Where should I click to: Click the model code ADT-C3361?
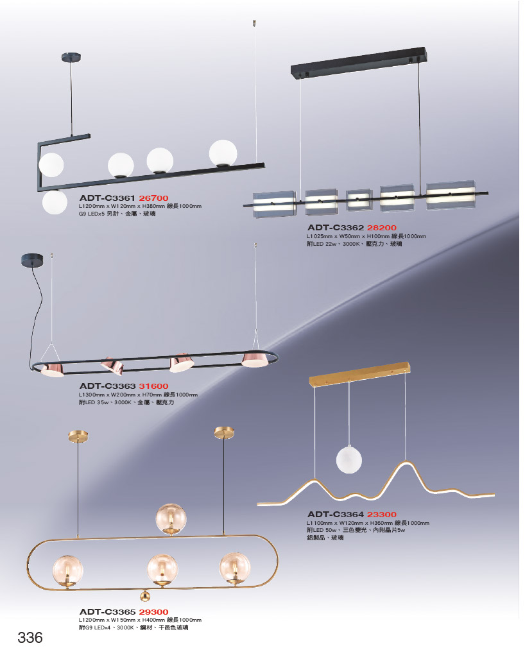click(x=107, y=198)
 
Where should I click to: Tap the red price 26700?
click(x=154, y=198)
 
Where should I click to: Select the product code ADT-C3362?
click(x=335, y=228)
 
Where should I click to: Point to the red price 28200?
click(x=382, y=228)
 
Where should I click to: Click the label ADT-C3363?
click(x=107, y=386)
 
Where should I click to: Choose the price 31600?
click(x=154, y=386)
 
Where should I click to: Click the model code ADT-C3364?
click(x=335, y=515)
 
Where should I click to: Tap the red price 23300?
click(x=382, y=515)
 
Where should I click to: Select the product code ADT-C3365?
click(x=107, y=612)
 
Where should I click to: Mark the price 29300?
click(x=154, y=612)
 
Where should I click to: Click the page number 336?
click(x=30, y=638)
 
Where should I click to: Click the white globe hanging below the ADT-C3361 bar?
click(x=55, y=202)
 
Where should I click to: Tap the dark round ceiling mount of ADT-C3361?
click(x=71, y=57)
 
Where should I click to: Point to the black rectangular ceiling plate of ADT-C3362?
click(x=359, y=62)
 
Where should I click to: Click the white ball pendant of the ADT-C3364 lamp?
click(x=349, y=459)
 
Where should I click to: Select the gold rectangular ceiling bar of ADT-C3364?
click(x=359, y=374)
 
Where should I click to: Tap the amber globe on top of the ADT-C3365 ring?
click(x=171, y=519)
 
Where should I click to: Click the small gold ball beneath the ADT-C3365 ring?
click(x=145, y=595)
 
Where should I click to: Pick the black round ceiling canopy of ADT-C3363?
click(x=32, y=260)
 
